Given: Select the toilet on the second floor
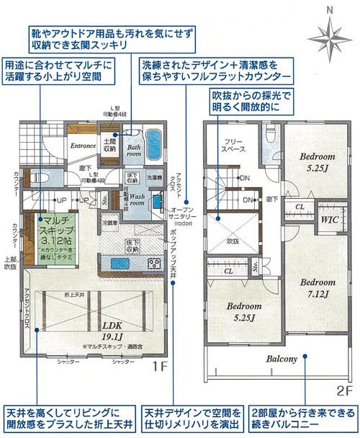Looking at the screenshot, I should pos(271,135).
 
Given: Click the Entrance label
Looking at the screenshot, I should pos(84,146).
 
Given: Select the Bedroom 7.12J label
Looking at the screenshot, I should pos(315,288).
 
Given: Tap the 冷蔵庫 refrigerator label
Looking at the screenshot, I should pos(109,223).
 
